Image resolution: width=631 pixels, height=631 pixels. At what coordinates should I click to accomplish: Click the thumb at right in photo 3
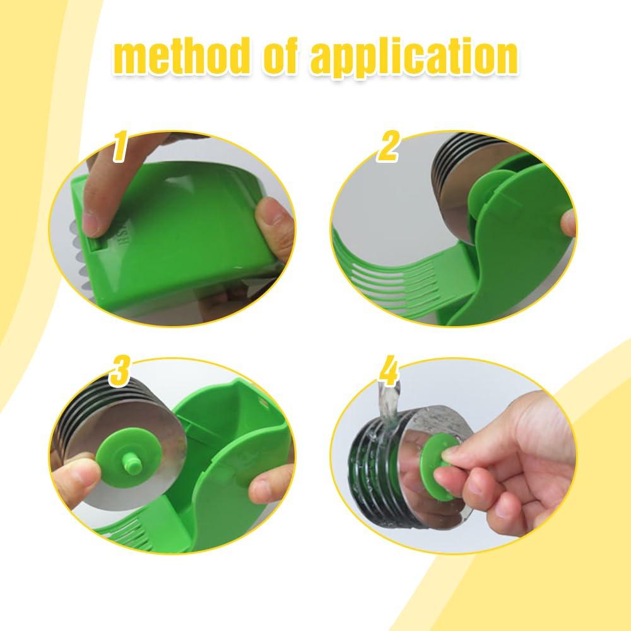268,486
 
